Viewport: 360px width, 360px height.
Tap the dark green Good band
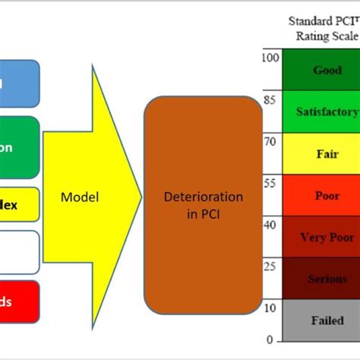pyautogui.click(x=321, y=70)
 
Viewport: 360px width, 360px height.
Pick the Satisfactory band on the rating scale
pyautogui.click(x=321, y=112)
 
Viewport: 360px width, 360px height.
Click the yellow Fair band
pyautogui.click(x=321, y=153)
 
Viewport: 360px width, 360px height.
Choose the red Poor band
pyautogui.click(x=321, y=195)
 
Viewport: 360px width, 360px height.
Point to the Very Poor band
pyautogui.click(x=321, y=237)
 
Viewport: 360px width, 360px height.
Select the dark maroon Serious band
pyautogui.click(x=321, y=279)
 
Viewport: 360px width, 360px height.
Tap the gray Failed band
pyautogui.click(x=321, y=321)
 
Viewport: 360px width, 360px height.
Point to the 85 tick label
pyautogui.click(x=267, y=98)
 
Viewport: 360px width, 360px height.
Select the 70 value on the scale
pyautogui.click(x=267, y=141)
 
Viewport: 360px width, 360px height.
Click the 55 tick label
pyautogui.click(x=267, y=182)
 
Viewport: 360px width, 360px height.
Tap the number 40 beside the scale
pyautogui.click(x=267, y=224)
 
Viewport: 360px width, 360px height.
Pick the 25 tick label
pyautogui.click(x=267, y=266)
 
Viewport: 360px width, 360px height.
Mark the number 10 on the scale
pyautogui.click(x=267, y=308)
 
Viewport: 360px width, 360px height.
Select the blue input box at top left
pyautogui.click(x=19, y=83)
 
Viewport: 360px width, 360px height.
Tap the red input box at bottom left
pyautogui.click(x=19, y=302)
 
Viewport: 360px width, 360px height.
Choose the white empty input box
pyautogui.click(x=19, y=251)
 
